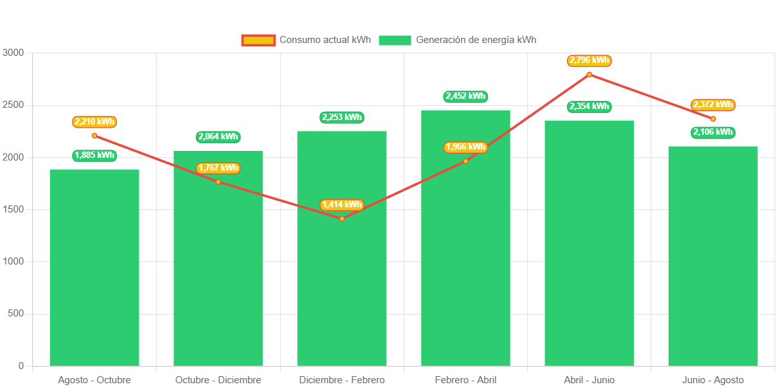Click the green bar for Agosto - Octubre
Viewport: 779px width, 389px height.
[94, 270]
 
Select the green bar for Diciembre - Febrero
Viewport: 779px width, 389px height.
[342, 289]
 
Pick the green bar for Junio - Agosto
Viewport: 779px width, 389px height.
[713, 257]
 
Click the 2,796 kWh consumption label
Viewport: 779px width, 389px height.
[589, 60]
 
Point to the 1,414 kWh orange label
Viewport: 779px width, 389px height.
[342, 205]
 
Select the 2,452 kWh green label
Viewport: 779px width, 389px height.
[466, 96]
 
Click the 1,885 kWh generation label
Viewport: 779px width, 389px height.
[94, 155]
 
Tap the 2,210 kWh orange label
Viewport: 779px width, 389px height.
[94, 122]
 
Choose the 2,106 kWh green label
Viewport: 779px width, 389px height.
[713, 132]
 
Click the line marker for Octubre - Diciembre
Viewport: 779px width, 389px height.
[218, 182]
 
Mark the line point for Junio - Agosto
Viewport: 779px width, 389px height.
[713, 119]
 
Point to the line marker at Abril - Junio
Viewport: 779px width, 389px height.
[589, 74]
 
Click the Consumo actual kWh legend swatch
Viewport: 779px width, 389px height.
[258, 40]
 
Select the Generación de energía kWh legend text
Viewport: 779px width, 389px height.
[476, 40]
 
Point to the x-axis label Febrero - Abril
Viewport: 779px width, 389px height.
[466, 380]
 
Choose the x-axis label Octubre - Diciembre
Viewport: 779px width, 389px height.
[218, 380]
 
